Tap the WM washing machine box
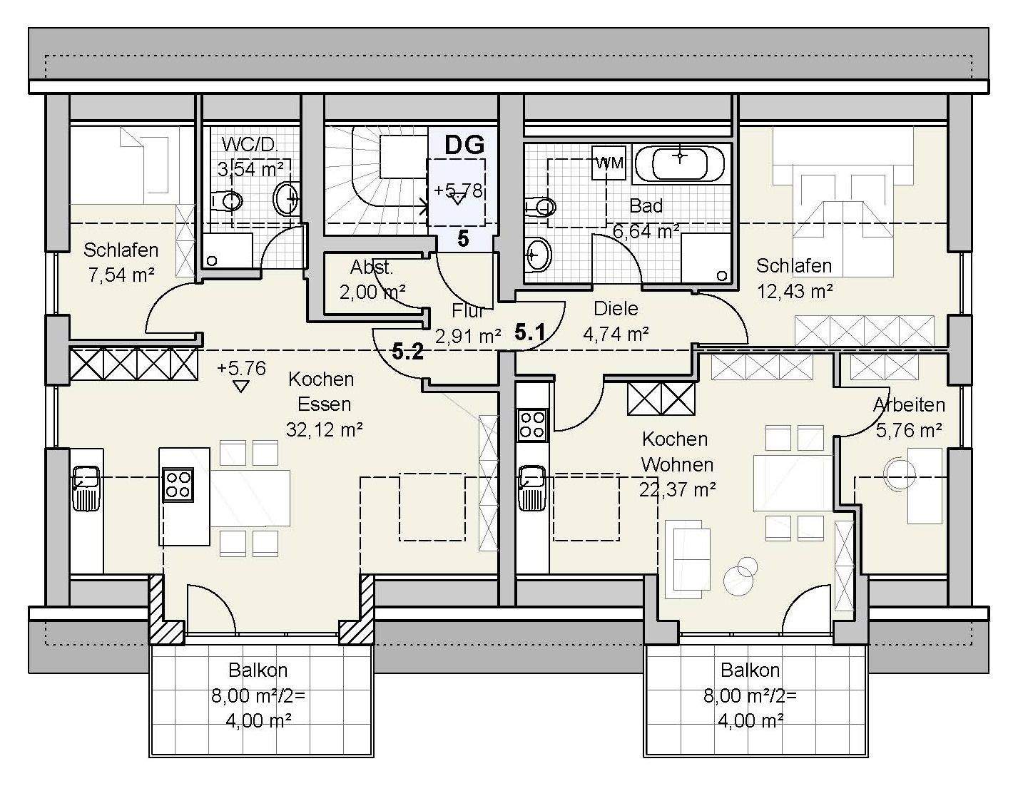pos(609,163)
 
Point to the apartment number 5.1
pos(529,332)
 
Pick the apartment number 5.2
pos(407,352)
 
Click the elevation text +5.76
pos(242,368)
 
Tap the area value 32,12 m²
pos(324,429)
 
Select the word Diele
pos(616,309)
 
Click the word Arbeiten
pos(909,404)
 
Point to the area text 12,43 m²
pos(795,291)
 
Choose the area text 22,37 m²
pos(678,490)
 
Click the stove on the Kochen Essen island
pos(178,485)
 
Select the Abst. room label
pos(372,267)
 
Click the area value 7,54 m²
pos(121,275)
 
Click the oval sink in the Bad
pos(538,255)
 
